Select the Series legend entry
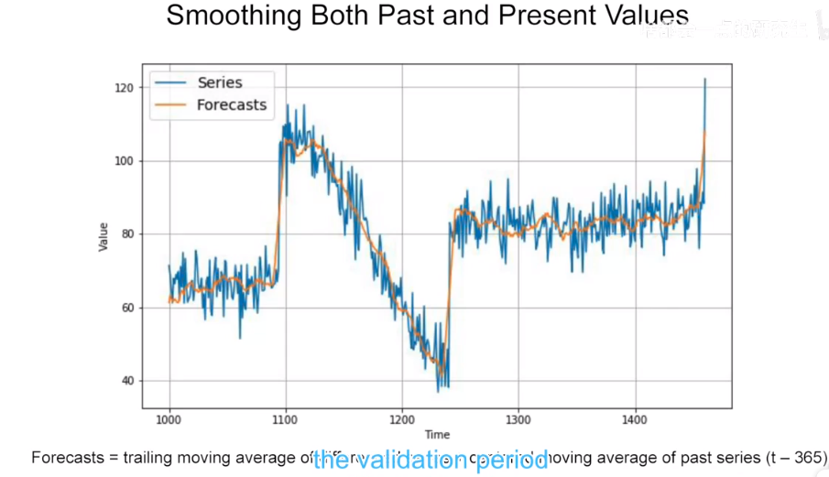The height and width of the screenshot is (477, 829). pos(220,82)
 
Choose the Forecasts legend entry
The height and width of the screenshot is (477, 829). pos(231,104)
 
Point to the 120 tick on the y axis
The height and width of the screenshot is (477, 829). pos(125,88)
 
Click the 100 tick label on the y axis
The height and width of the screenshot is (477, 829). pos(125,161)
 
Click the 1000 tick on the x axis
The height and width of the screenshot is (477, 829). pos(169,420)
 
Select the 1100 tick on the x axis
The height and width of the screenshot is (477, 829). pos(285,420)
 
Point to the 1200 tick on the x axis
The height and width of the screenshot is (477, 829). pos(401,420)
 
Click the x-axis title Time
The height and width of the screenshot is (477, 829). pos(437,435)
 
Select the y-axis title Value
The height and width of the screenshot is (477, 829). pos(103,237)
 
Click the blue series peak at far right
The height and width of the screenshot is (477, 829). pos(704,80)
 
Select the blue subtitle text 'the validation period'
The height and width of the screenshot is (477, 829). pos(430,461)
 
